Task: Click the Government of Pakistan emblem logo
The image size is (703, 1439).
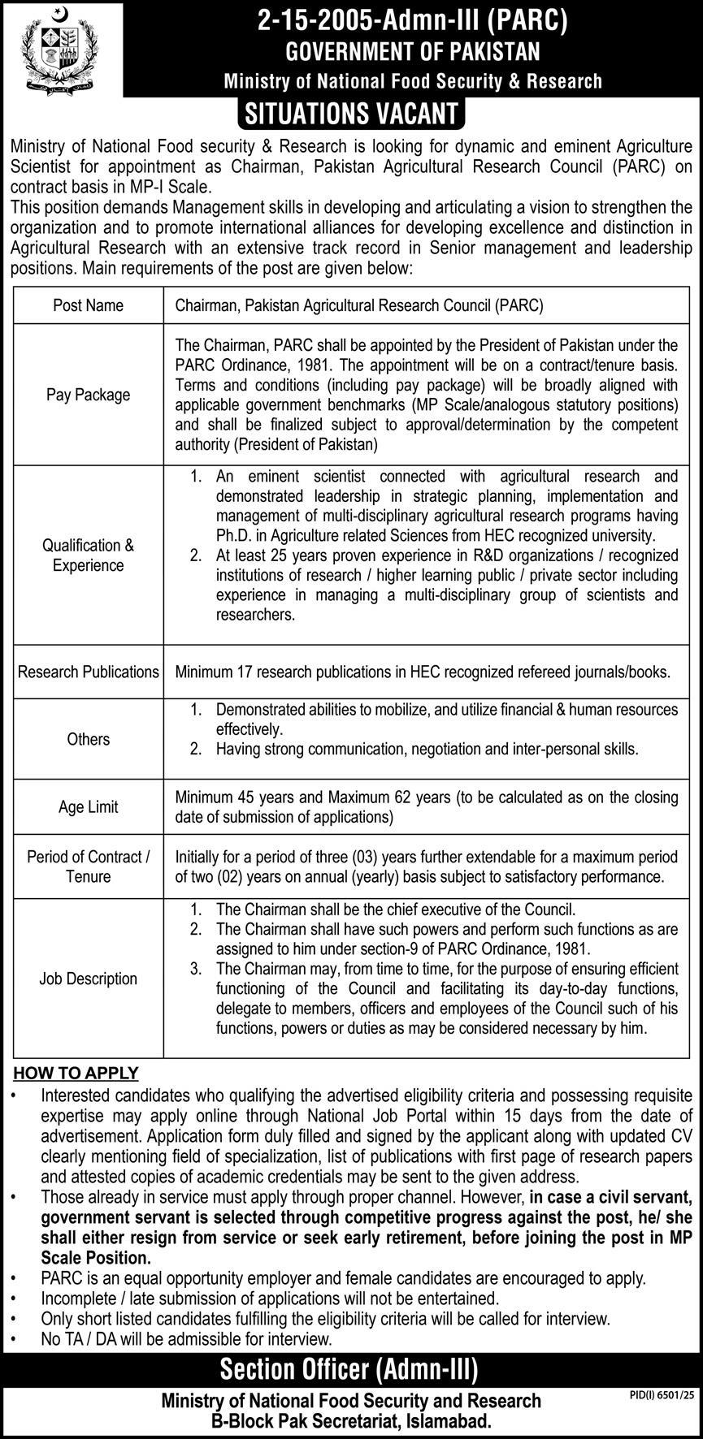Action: (x=61, y=49)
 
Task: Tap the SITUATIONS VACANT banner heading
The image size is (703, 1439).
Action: (x=351, y=114)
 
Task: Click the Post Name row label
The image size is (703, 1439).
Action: (x=89, y=305)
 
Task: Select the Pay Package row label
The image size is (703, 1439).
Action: (x=89, y=395)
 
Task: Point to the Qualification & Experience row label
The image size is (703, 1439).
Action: (x=89, y=555)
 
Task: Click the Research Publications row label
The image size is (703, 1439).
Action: (x=89, y=672)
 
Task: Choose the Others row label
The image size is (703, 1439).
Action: (x=89, y=739)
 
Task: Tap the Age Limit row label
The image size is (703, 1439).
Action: (x=89, y=807)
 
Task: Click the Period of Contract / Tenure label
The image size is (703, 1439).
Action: (x=89, y=866)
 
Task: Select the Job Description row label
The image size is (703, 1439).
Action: (x=89, y=979)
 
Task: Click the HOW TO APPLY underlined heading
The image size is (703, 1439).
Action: (x=76, y=1073)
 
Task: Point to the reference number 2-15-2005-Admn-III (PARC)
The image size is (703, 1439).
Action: (x=411, y=22)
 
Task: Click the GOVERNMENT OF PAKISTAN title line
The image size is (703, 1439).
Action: (x=412, y=52)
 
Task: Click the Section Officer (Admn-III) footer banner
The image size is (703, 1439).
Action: (x=349, y=1370)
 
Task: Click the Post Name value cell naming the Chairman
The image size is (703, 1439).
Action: (x=359, y=305)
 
